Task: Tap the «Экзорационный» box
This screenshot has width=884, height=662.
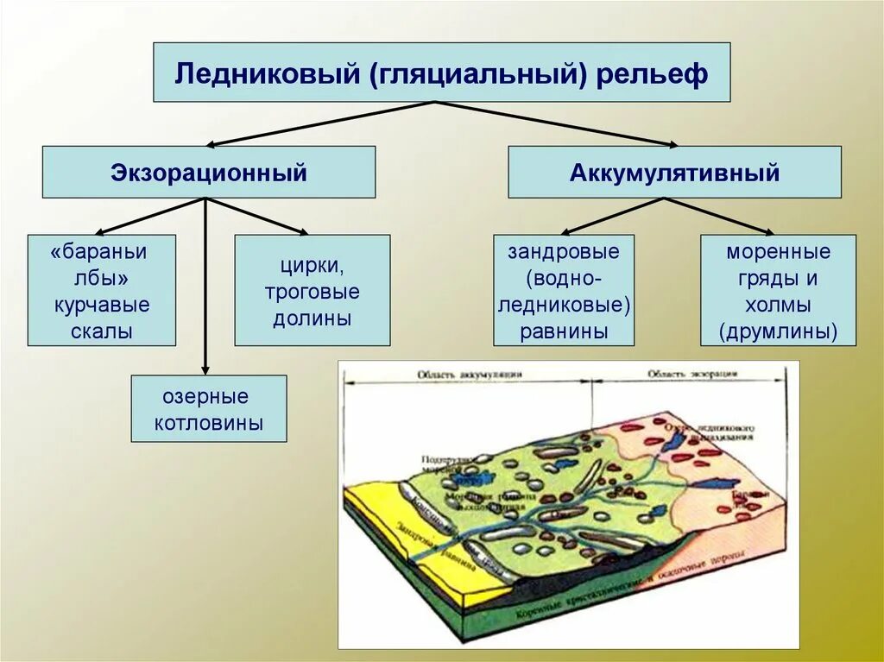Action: (209, 172)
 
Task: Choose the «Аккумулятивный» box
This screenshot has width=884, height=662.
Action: (674, 172)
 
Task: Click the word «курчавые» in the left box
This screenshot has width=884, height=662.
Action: (102, 305)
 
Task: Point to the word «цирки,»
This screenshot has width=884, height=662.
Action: (313, 265)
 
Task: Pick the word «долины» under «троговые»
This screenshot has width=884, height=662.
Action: (313, 318)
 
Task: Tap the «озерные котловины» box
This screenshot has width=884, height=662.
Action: (209, 409)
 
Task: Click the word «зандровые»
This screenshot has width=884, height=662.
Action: (564, 252)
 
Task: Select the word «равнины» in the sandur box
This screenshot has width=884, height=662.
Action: (564, 331)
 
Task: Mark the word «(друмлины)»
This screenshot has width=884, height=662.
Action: (779, 331)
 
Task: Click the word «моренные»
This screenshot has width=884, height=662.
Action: (779, 252)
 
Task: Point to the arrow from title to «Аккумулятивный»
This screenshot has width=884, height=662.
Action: (561, 124)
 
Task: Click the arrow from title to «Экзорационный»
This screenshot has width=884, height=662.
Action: (319, 124)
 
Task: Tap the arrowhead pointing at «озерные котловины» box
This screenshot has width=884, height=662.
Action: (205, 369)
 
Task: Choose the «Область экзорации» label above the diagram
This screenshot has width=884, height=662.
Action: (691, 375)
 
